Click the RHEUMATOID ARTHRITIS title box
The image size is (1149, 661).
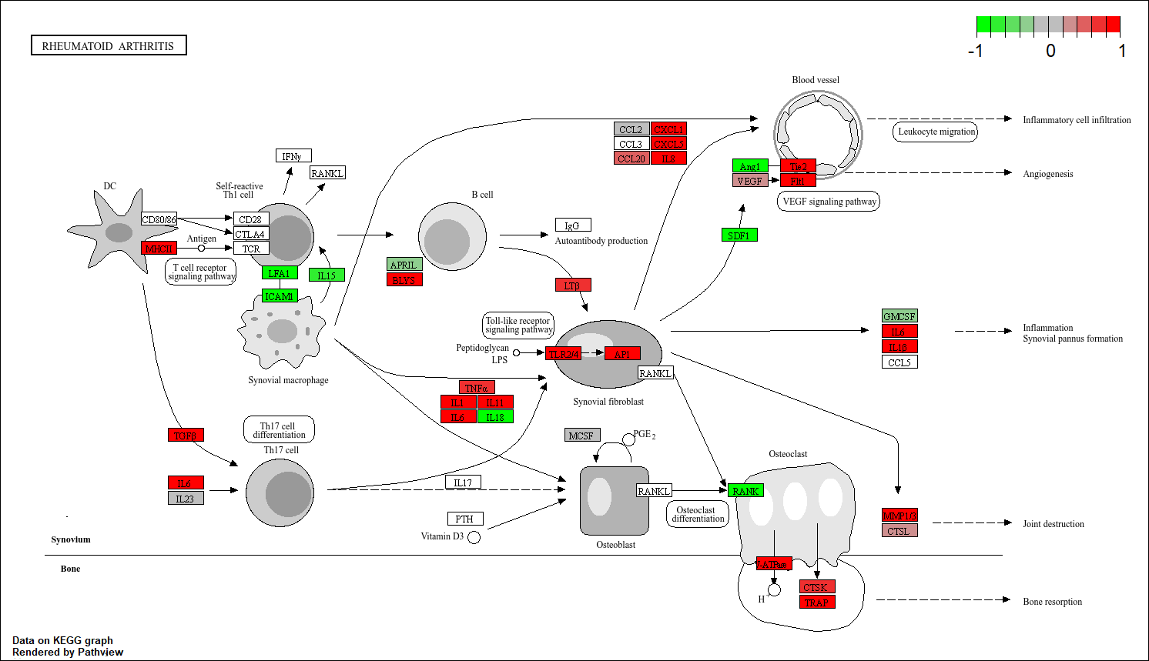109,45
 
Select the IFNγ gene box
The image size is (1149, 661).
293,156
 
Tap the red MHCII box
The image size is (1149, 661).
159,248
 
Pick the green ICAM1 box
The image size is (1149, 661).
280,296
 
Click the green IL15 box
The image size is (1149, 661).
327,275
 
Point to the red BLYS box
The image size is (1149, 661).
404,279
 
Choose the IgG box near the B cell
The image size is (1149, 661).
573,225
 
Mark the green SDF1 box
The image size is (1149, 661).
739,235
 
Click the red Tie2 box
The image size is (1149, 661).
798,166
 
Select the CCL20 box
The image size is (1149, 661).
631,159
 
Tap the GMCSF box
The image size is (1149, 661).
899,315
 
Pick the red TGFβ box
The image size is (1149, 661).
186,435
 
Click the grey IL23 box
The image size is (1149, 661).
186,498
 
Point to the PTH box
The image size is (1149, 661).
465,519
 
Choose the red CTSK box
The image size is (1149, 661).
817,586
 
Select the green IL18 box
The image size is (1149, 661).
495,416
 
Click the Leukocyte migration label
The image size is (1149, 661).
936,132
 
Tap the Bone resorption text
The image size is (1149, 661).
1052,602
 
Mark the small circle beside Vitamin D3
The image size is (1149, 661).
474,537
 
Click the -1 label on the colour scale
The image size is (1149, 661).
975,52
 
